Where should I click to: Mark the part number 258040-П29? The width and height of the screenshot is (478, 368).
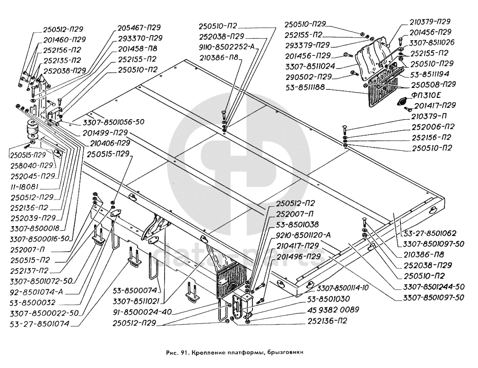(x=29, y=166)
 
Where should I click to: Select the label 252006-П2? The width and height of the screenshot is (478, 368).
(x=433, y=127)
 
